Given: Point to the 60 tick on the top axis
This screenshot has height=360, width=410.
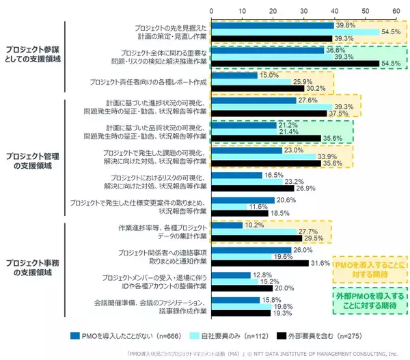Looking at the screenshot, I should click(396, 12).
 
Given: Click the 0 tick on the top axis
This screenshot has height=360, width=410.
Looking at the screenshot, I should click(212, 12).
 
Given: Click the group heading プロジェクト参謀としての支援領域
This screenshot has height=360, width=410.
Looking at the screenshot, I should click(33, 55).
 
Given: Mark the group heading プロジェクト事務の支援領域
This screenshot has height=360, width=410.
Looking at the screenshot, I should click(33, 267).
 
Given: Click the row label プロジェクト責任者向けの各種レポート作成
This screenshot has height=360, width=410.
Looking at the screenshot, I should click(148, 82).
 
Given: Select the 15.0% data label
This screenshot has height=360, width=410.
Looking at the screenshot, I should click(269, 75).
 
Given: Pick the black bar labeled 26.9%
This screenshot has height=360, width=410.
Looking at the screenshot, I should click(253, 188).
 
